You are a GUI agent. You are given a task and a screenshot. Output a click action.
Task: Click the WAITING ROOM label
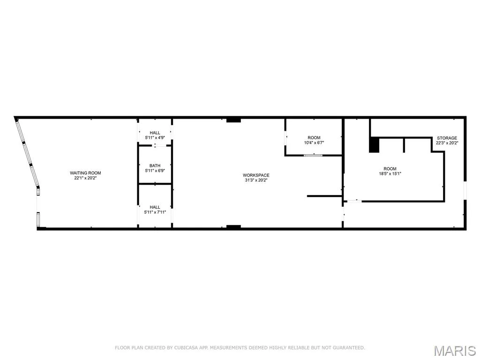point(85,173)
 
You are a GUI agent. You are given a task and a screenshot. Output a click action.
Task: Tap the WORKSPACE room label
point(256,175)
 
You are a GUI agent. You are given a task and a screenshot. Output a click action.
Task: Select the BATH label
point(155,165)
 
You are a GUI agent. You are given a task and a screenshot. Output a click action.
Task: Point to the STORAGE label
point(447,138)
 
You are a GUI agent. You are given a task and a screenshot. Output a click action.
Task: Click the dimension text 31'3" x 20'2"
point(256,180)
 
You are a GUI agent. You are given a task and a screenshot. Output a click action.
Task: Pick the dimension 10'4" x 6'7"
point(314,142)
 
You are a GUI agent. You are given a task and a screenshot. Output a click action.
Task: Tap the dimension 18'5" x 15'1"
point(390,173)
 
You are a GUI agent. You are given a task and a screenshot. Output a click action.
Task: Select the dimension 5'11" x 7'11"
point(155,212)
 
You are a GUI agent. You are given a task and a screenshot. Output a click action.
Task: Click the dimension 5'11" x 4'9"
point(155,138)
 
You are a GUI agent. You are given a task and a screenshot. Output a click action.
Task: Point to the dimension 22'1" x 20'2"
point(85,178)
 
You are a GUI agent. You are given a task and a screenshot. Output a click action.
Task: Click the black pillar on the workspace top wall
point(233,120)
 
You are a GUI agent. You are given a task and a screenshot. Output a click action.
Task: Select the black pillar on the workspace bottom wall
point(233,227)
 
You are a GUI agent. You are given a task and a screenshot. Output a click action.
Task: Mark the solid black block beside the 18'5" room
point(374,145)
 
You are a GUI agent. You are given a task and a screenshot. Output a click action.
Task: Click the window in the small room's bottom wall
point(313,156)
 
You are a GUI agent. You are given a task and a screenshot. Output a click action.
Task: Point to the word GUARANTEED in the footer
point(348,348)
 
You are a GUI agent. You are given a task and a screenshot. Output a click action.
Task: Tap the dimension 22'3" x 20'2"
point(447,143)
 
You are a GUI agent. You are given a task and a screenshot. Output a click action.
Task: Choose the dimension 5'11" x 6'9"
point(155,171)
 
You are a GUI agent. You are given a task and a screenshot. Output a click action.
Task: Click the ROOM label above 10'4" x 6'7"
point(314,138)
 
